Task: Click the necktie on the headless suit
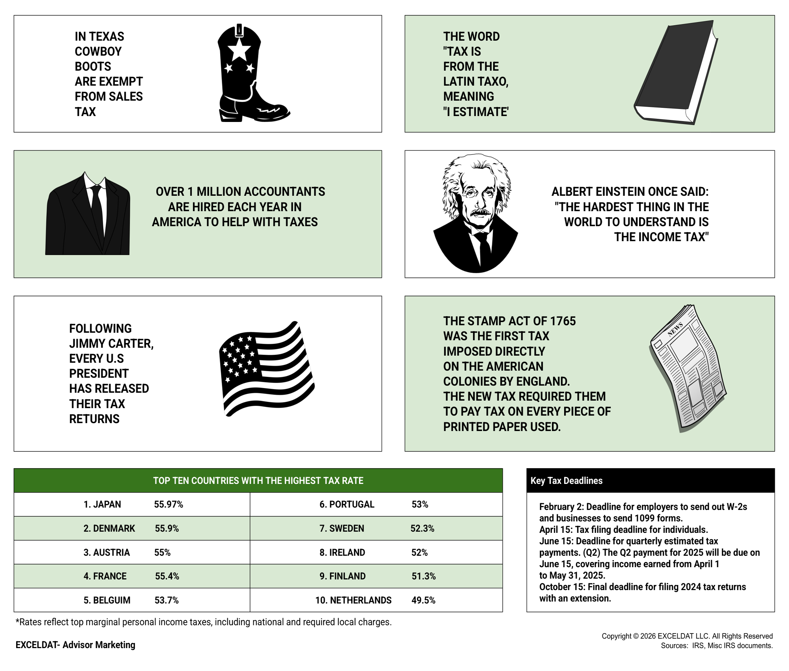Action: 96,209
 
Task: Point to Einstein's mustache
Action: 481,212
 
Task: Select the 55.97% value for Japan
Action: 168,504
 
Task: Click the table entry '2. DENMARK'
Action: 109,529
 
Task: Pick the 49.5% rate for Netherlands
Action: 423,600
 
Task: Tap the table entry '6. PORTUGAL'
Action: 347,504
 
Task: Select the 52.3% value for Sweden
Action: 422,529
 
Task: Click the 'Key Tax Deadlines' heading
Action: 567,481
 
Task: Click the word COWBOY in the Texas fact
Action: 98,51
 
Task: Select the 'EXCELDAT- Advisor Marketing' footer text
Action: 75,645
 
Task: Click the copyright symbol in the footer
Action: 635,636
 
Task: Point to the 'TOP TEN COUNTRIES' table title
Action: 258,481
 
